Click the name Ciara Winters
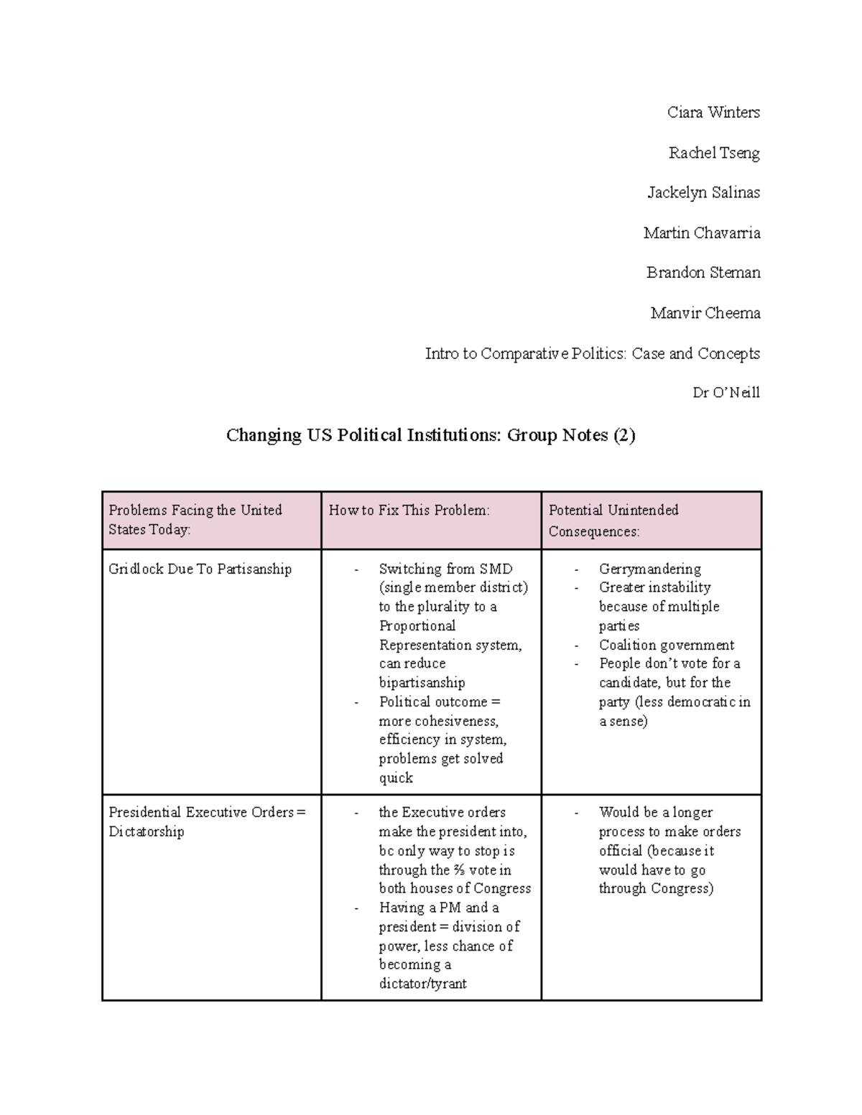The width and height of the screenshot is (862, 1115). coord(713,113)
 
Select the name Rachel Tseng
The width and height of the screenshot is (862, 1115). coord(713,153)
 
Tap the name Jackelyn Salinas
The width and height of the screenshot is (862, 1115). coord(703,192)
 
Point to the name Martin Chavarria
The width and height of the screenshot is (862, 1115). coord(701,233)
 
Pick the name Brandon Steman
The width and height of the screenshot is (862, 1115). coord(703,273)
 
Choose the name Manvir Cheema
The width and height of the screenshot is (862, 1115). coord(705,313)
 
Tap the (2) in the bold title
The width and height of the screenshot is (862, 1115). coord(624,435)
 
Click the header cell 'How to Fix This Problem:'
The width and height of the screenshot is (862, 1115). coord(409,510)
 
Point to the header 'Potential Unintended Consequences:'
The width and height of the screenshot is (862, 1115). coord(613,521)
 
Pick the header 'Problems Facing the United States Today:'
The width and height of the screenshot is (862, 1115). coord(195,520)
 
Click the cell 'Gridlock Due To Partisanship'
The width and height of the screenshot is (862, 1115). coord(200,569)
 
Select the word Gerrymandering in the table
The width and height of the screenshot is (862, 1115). coord(649,569)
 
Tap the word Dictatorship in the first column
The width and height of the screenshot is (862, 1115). coord(147,831)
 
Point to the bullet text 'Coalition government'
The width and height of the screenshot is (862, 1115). coord(667,645)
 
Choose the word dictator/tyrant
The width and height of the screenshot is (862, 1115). coord(422,984)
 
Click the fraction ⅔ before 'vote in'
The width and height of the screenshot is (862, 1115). coord(458,870)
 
